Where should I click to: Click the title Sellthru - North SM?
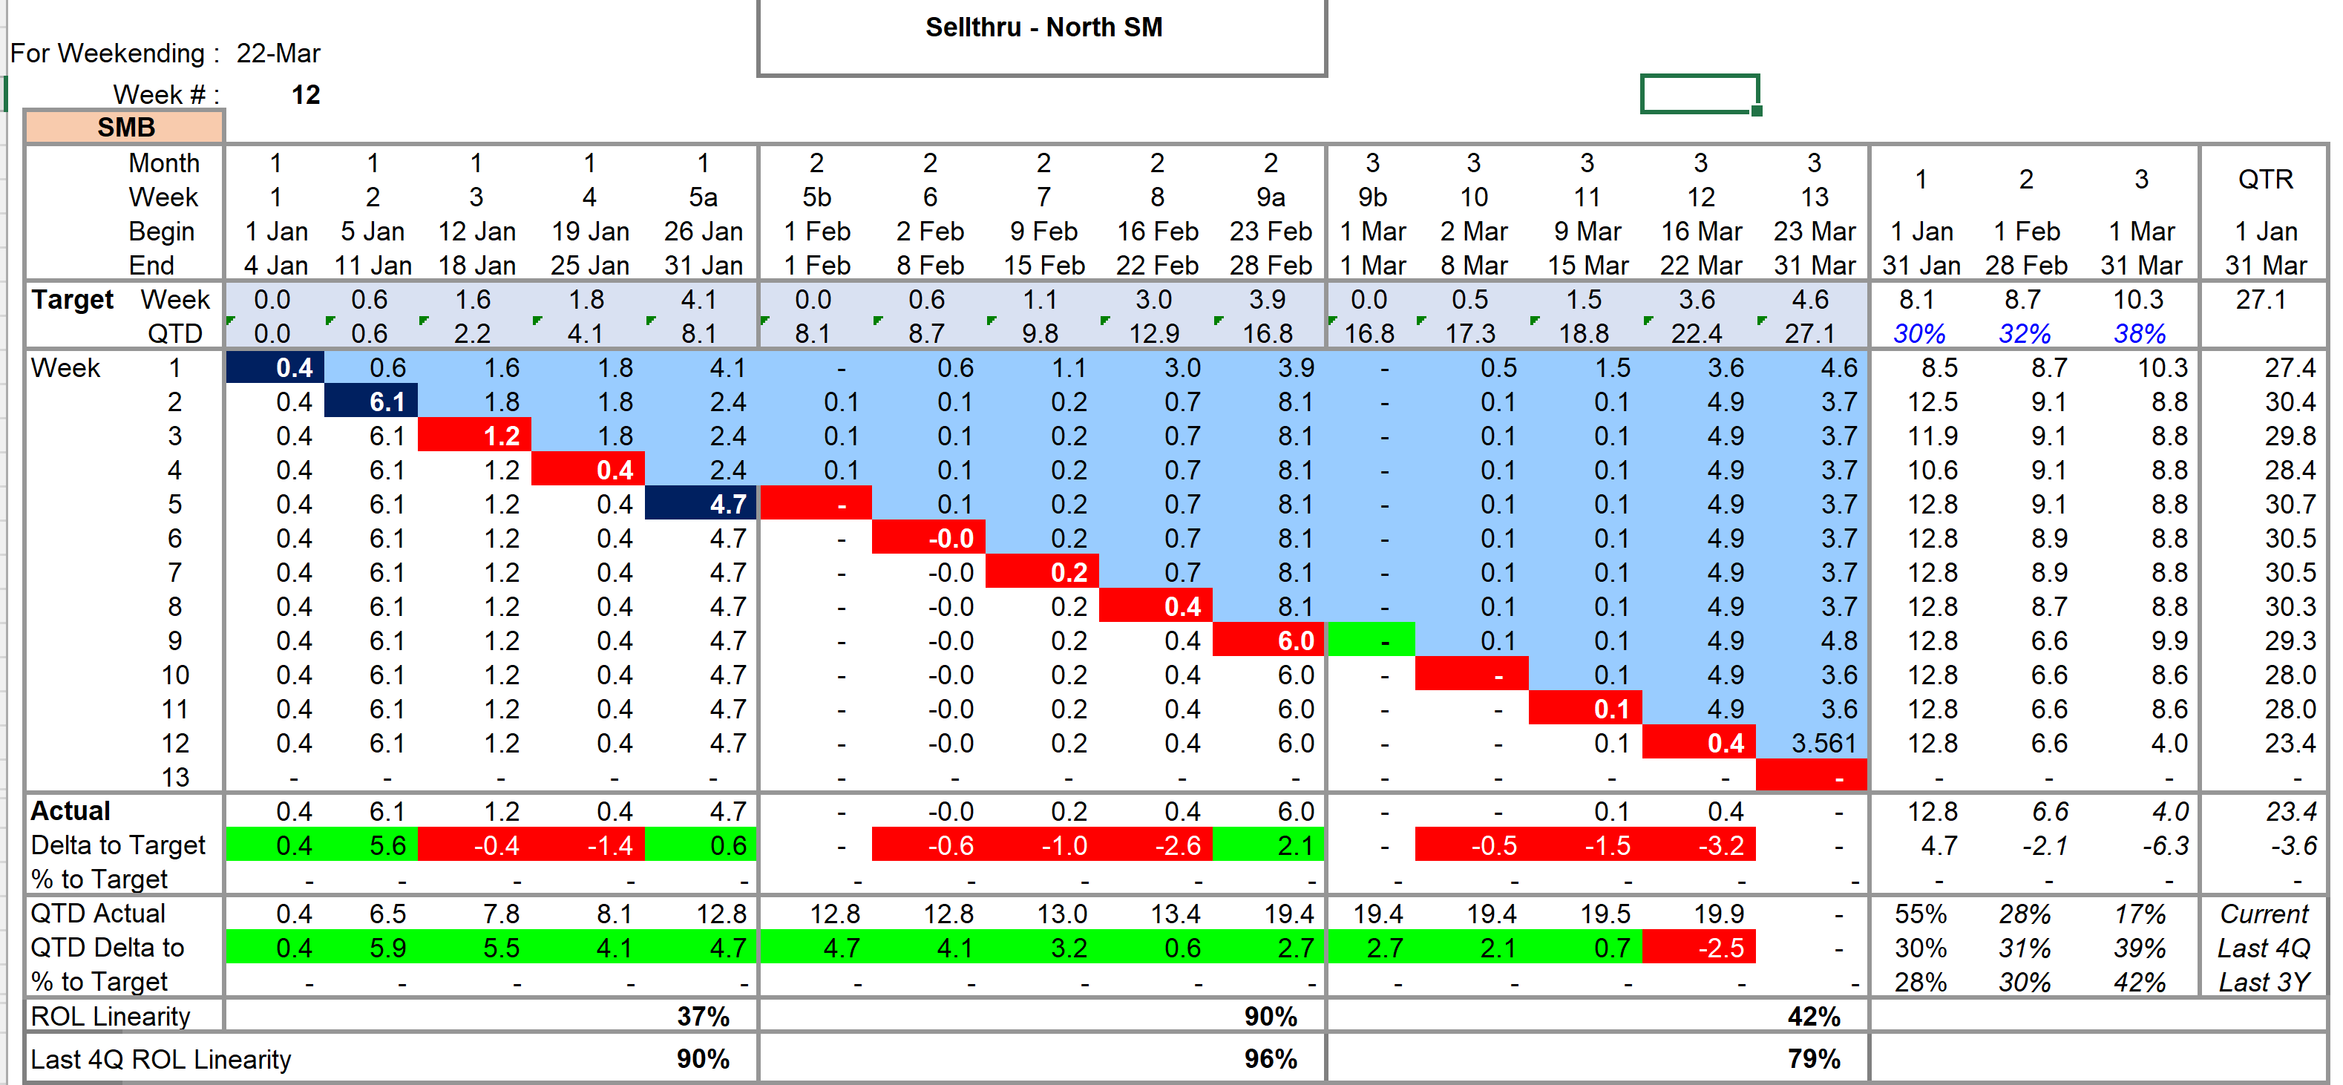click(1043, 27)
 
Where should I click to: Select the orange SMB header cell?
click(125, 128)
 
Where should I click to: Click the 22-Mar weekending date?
click(278, 53)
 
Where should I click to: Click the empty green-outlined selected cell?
click(1699, 94)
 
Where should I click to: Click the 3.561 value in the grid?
click(1823, 743)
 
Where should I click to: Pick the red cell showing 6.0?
click(1295, 640)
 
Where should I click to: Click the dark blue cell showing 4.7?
click(727, 504)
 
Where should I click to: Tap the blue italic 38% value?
click(2138, 334)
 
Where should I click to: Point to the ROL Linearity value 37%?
click(702, 1016)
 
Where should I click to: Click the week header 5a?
click(702, 197)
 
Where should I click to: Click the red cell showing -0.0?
click(951, 538)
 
